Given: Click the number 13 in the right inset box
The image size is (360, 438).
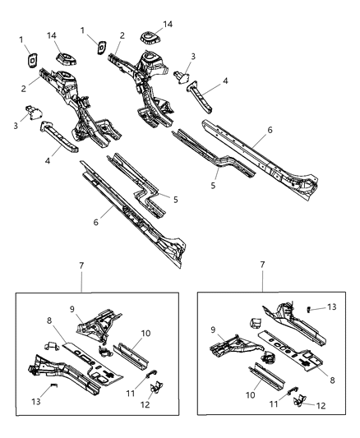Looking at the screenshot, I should pos(332,307).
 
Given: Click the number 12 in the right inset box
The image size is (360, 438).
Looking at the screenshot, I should pos(321,405).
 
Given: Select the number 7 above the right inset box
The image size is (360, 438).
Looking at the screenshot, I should pos(262,265).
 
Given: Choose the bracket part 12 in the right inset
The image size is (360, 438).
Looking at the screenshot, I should pos(300,400).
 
